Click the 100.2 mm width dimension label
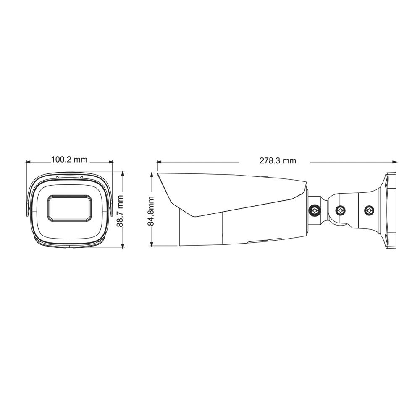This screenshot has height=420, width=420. click(69, 160)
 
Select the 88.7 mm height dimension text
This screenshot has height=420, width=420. click(120, 211)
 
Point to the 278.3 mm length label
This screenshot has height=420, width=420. click(278, 160)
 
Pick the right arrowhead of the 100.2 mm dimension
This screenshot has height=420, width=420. click(110, 162)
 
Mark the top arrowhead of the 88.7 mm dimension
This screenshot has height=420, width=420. click(123, 175)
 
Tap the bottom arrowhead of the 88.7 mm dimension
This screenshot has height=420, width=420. click(123, 245)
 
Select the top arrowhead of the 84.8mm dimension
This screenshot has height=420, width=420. click(152, 176)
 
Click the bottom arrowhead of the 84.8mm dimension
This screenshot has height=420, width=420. click(152, 244)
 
